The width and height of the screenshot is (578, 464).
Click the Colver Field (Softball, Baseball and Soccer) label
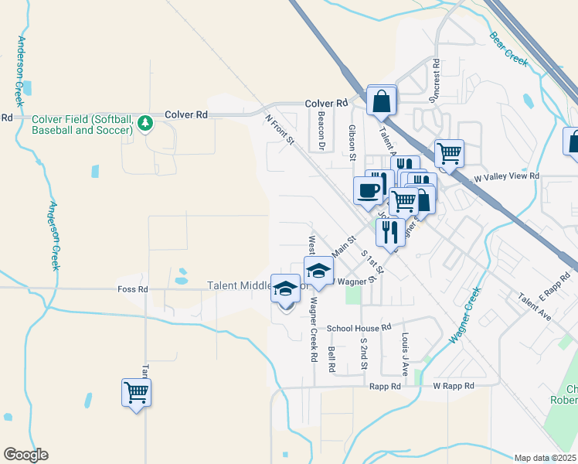pos(82,125)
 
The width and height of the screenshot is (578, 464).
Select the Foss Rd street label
pos(132,288)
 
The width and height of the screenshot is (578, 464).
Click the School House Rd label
pos(359,328)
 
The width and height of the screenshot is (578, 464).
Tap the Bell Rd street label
pos(331,359)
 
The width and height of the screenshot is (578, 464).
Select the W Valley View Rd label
pos(506,176)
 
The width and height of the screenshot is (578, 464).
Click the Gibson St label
pos(352,143)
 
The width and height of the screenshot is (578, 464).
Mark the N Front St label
pos(280,129)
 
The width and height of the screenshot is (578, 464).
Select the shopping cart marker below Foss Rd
pos(137,392)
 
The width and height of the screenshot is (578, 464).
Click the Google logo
pos(25,455)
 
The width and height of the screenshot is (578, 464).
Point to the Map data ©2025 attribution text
pos(546,457)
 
